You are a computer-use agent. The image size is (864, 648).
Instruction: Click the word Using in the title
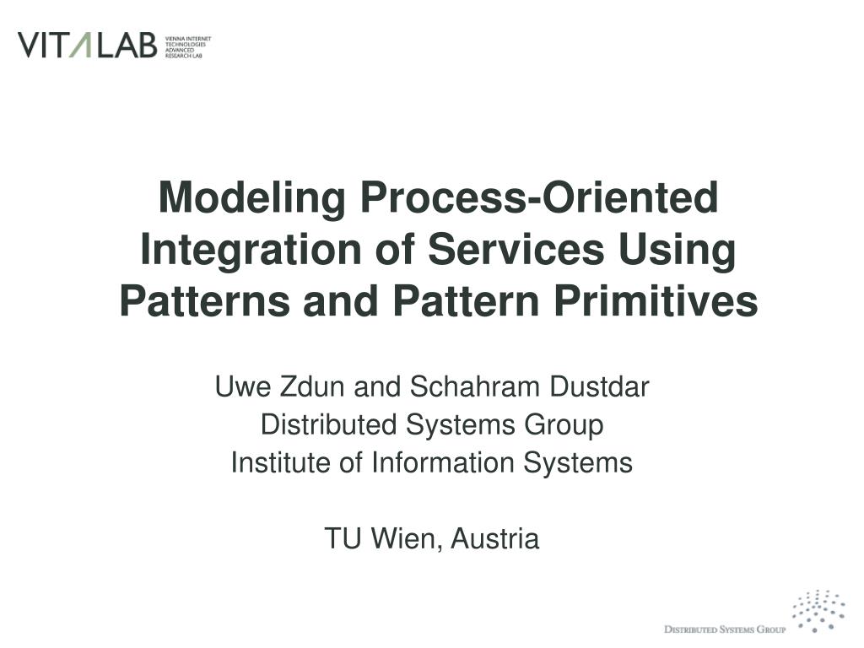coord(677,250)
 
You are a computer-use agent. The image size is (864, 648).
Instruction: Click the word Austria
coord(495,538)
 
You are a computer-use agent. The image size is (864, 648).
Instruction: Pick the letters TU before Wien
coord(341,538)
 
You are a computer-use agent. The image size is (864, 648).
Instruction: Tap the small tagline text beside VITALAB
coord(187,46)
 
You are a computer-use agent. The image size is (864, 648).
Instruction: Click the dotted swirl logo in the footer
coord(818,610)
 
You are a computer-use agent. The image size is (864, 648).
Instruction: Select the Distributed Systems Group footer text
coord(725,629)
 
